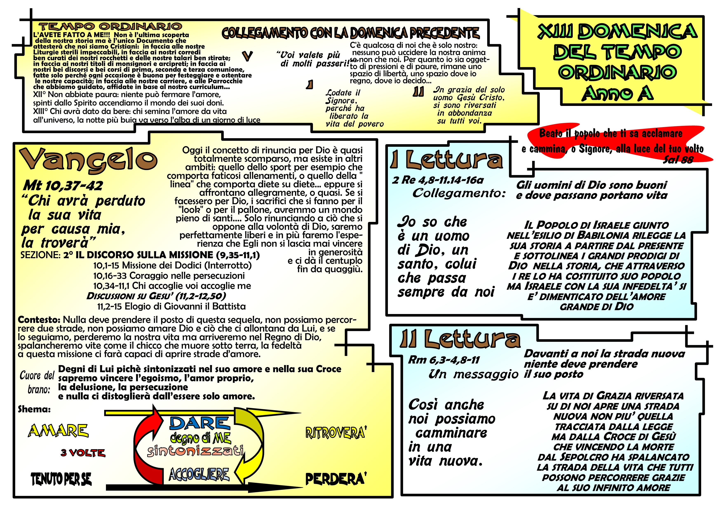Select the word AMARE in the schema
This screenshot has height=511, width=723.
click(x=58, y=431)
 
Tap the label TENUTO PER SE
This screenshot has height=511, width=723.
click(x=61, y=479)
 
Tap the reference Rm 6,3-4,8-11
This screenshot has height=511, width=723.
click(x=444, y=360)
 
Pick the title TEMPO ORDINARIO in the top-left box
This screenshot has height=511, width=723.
click(x=110, y=26)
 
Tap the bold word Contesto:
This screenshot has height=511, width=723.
click(x=39, y=320)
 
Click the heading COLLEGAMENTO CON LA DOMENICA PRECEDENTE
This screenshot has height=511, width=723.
click(x=351, y=33)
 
